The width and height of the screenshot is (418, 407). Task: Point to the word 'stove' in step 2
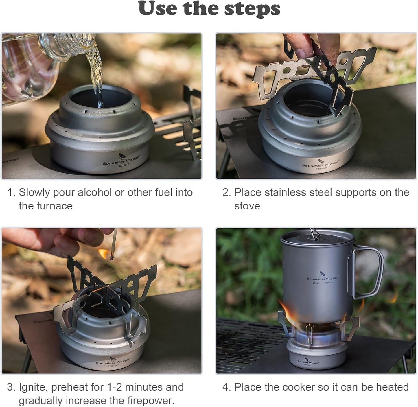coord(247,206)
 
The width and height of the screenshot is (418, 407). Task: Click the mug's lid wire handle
coord(315,234)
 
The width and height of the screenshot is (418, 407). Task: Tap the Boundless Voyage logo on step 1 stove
coord(121,161)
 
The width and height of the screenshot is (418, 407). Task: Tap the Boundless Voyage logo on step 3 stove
coord(113,362)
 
